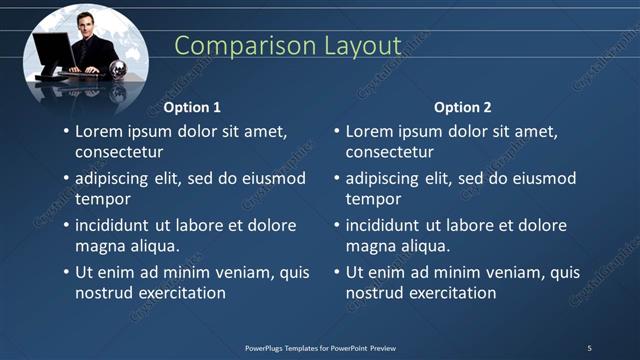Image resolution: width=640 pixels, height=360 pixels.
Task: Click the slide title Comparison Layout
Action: [287, 46]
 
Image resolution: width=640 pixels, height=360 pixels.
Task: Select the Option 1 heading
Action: [192, 107]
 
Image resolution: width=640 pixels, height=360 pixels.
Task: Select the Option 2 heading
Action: [463, 107]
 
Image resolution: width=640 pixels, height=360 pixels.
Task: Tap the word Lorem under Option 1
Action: [98, 131]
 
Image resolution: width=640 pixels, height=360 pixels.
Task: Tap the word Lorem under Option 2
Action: [369, 131]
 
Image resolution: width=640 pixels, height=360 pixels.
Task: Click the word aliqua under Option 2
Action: [425, 246]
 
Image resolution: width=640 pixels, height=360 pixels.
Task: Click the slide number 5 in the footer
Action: [589, 348]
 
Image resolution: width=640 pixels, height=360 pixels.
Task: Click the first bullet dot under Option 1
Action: [66, 132]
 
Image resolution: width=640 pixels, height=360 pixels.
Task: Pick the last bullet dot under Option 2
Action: [337, 273]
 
